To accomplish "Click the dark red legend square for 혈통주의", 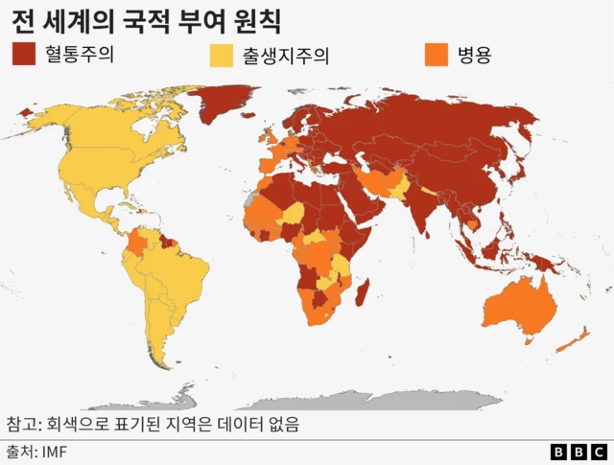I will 25,55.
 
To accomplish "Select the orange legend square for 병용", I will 436,55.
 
